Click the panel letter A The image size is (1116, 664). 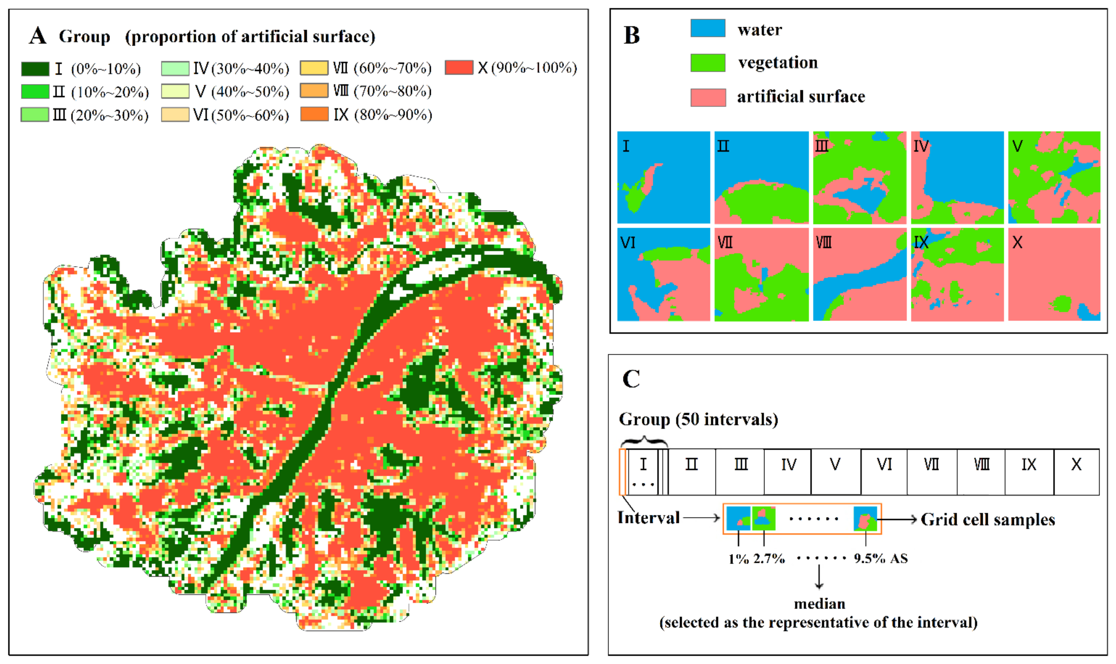click(38, 36)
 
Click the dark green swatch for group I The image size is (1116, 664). click(35, 69)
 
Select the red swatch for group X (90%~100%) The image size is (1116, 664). click(459, 68)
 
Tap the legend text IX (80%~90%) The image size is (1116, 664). click(382, 115)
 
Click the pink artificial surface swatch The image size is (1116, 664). click(708, 97)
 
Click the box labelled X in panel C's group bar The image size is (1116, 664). click(1076, 471)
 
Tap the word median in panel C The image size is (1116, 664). click(819, 604)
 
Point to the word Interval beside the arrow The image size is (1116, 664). click(648, 518)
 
